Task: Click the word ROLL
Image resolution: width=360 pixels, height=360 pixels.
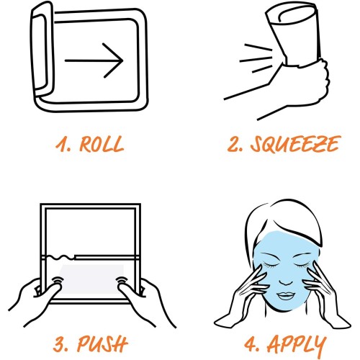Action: tap(102, 144)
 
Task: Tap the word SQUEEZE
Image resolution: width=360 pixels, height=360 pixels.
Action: tap(295, 144)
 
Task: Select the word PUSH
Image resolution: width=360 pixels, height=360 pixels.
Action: tap(102, 343)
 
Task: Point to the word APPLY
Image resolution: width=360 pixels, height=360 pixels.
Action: tap(297, 346)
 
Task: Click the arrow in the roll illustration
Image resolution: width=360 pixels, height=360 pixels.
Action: tap(94, 60)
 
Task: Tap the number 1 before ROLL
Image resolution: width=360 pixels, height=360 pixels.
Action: tap(61, 144)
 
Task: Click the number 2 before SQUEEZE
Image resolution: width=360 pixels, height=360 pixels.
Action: tap(235, 144)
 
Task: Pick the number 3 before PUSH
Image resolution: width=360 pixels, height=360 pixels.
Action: tap(60, 344)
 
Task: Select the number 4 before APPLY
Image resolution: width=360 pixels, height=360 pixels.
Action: tap(251, 344)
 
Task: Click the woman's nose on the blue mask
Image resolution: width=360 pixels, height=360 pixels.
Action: tap(286, 279)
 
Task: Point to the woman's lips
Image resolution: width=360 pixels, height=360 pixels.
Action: tap(285, 296)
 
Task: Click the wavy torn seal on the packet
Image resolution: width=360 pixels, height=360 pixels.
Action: tap(60, 258)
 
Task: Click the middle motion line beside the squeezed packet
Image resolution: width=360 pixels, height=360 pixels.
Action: tap(256, 59)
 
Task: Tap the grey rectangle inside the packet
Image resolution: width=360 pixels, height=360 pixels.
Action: tap(91, 279)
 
